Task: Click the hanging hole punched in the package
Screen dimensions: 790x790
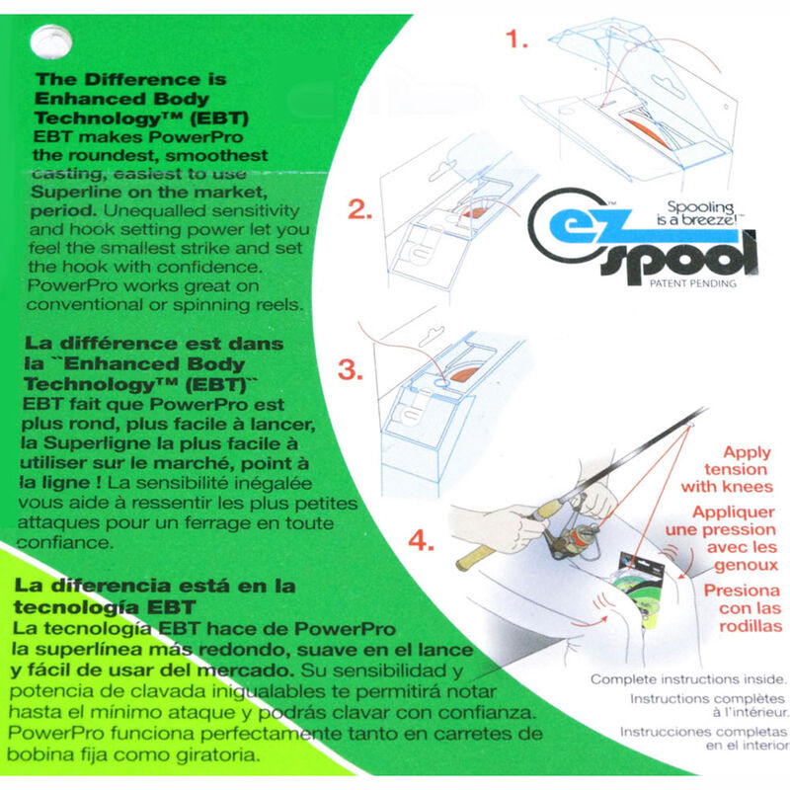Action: (x=51, y=41)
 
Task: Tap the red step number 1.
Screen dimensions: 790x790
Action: (x=516, y=39)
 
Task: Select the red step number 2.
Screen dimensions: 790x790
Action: (x=359, y=209)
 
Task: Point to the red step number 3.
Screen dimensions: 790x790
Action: (x=351, y=369)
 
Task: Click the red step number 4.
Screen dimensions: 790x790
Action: (x=421, y=540)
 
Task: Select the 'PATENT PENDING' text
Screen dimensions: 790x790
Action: (x=693, y=283)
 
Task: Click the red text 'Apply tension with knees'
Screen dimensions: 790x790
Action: (x=727, y=470)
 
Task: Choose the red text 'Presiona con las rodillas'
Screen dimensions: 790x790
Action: (x=743, y=608)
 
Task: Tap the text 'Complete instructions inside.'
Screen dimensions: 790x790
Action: (x=688, y=679)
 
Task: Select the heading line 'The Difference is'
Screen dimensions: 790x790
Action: (x=131, y=79)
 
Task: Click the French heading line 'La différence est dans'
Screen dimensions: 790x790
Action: (x=154, y=344)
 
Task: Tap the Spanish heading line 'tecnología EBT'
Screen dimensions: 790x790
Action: (x=105, y=607)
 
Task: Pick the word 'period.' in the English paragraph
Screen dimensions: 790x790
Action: (x=63, y=211)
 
